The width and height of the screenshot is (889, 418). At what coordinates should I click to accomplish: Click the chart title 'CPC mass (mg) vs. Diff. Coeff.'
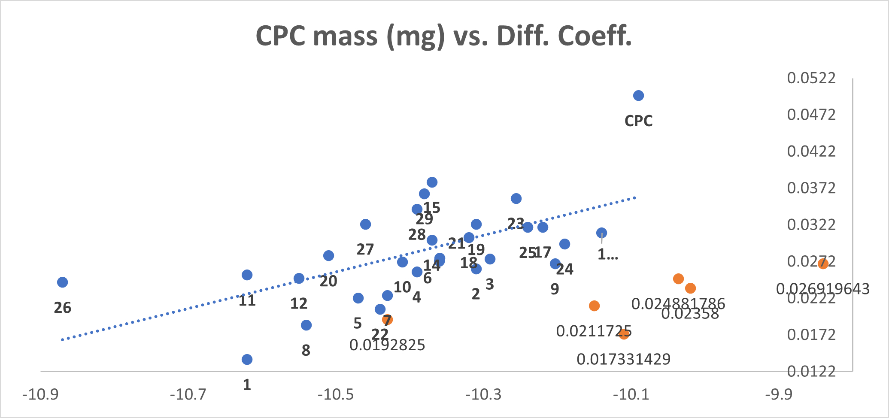pyautogui.click(x=443, y=36)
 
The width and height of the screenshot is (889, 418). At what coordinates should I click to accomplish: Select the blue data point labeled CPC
pyautogui.click(x=638, y=96)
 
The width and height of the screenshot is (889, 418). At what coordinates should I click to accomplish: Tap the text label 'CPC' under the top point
pyautogui.click(x=638, y=121)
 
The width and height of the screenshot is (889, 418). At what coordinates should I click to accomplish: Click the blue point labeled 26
pyautogui.click(x=63, y=282)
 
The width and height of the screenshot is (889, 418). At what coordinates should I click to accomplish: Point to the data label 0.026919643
pyautogui.click(x=822, y=289)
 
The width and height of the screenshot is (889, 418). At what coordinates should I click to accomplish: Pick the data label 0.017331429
pyautogui.click(x=623, y=359)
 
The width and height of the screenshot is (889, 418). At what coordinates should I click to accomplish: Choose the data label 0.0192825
pyautogui.click(x=387, y=345)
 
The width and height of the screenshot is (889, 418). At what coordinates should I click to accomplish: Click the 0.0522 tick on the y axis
pyautogui.click(x=811, y=78)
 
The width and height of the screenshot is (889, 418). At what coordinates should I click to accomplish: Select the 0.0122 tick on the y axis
pyautogui.click(x=811, y=371)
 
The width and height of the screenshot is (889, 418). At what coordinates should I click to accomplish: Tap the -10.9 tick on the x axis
pyautogui.click(x=40, y=394)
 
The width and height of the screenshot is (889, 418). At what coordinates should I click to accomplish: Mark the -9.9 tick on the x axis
pyautogui.click(x=779, y=394)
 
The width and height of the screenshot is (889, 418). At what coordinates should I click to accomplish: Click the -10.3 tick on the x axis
pyautogui.click(x=483, y=394)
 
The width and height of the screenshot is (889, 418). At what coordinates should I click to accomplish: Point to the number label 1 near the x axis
pyautogui.click(x=247, y=385)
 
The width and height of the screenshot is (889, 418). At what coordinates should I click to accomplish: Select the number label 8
pyautogui.click(x=306, y=351)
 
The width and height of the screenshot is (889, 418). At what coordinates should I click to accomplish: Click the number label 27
pyautogui.click(x=365, y=249)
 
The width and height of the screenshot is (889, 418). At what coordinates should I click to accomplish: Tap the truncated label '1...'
pyautogui.click(x=608, y=254)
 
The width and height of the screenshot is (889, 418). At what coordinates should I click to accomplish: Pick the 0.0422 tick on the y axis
pyautogui.click(x=811, y=151)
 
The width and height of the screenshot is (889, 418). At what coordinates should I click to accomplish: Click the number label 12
pyautogui.click(x=299, y=304)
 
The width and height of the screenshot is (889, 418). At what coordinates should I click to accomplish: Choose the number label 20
pyautogui.click(x=328, y=282)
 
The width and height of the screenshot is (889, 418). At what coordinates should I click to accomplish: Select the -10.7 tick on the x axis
pyautogui.click(x=188, y=394)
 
